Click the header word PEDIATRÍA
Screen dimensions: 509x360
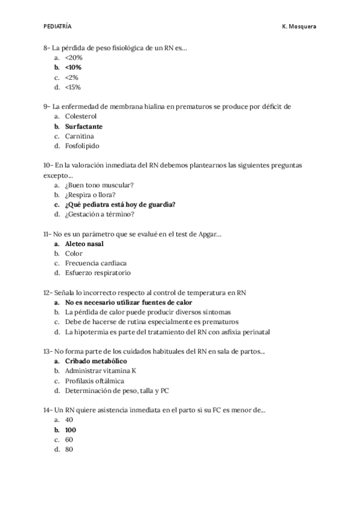pyautogui.click(x=58, y=26)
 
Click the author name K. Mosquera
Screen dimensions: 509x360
pyautogui.click(x=299, y=26)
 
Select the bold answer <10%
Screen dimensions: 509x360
pyautogui.click(x=73, y=67)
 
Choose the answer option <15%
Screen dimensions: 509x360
pyautogui.click(x=73, y=87)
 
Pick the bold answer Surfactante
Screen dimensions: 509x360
pyautogui.click(x=84, y=126)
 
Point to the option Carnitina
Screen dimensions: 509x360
pyautogui.click(x=80, y=136)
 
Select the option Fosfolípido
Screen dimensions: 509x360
pyautogui.click(x=83, y=146)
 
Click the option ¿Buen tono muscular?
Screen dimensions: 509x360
pyautogui.click(x=99, y=185)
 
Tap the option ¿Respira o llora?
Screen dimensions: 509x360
pyautogui.click(x=90, y=194)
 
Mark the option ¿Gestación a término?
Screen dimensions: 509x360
pyautogui.click(x=100, y=214)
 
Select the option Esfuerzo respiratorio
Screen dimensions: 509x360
pyautogui.click(x=98, y=273)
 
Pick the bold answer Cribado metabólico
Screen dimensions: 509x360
pyautogui.click(x=95, y=361)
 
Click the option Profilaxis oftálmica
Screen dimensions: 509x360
pyautogui.click(x=95, y=381)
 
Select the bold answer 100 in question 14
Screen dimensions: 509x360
pyautogui.click(x=71, y=430)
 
